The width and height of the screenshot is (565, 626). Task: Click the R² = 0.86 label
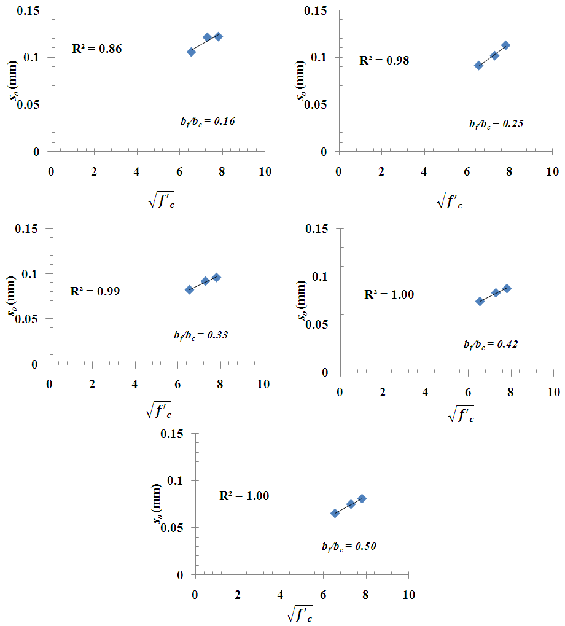[x=96, y=49]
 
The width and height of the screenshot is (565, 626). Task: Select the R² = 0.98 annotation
[x=384, y=60]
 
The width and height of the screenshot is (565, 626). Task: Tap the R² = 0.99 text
[x=95, y=291]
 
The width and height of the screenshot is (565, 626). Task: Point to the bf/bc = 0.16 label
[x=203, y=122]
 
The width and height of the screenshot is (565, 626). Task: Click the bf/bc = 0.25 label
[x=496, y=123]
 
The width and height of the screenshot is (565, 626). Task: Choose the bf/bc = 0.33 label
[x=201, y=335]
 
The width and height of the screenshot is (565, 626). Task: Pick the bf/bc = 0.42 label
[x=491, y=345]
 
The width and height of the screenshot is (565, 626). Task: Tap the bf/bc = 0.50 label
[x=348, y=546]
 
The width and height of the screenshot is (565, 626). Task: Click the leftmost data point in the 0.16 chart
[x=192, y=52]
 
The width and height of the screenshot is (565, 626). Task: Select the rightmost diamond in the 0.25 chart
[x=505, y=45]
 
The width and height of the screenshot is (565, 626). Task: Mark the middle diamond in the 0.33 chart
[x=205, y=281]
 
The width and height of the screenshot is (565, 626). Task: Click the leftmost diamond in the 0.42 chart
[x=480, y=301]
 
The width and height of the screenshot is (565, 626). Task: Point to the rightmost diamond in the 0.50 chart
[x=362, y=498]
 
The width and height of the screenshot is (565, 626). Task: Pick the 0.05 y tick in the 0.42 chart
[x=321, y=324]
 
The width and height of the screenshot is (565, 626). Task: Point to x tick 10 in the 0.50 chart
[x=408, y=595]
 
